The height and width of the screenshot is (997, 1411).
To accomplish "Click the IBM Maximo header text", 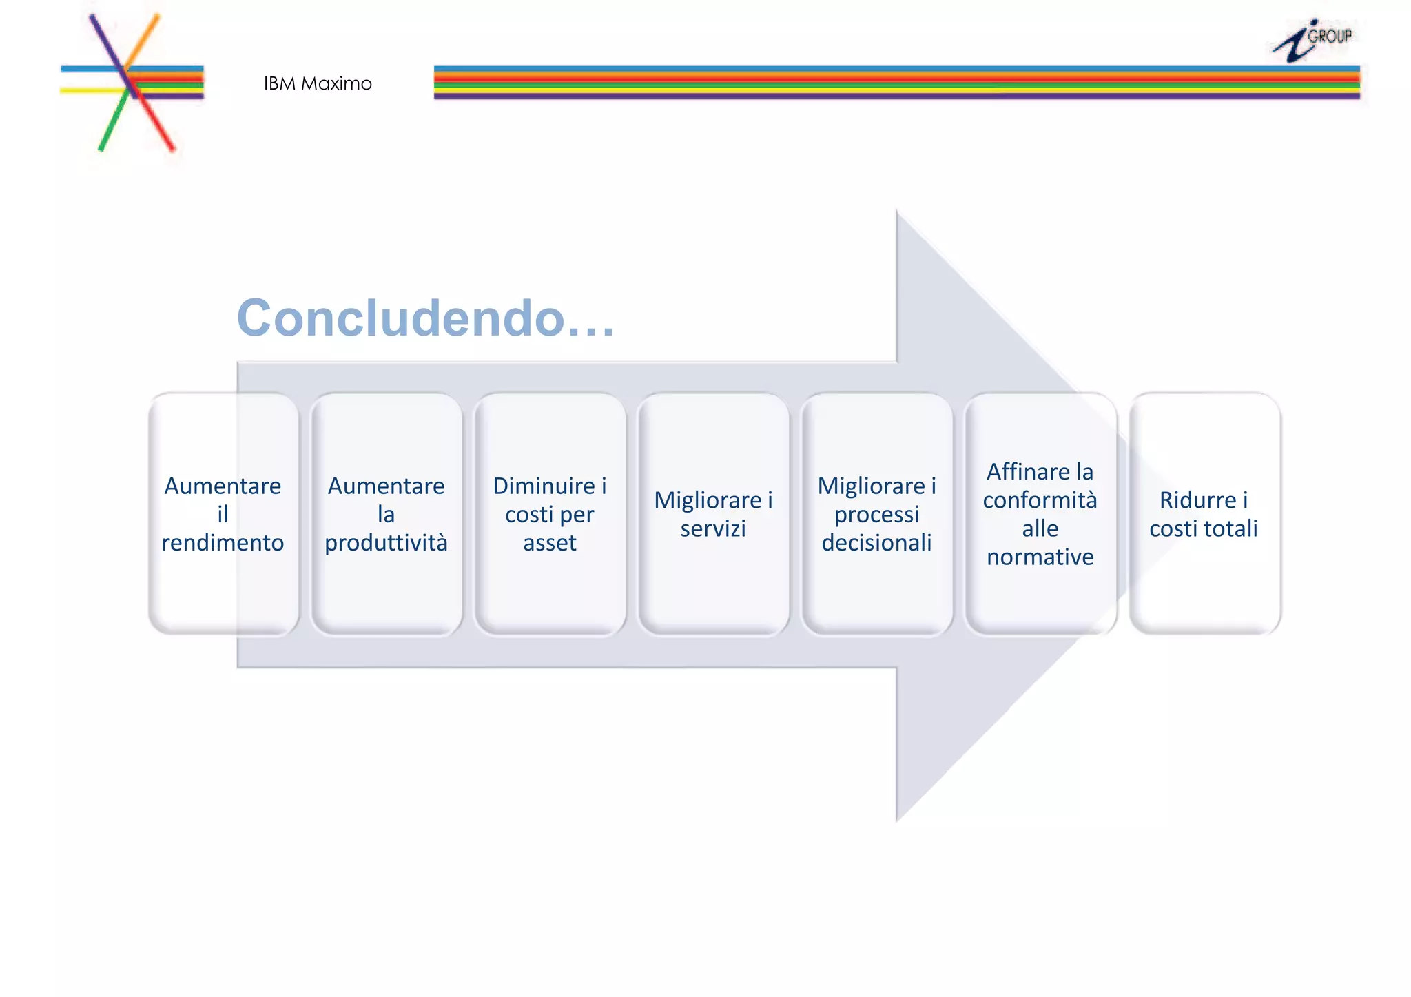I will click(x=318, y=83).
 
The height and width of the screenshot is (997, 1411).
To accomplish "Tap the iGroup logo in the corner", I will click(x=1313, y=41).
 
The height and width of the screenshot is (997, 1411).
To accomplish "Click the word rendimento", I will click(x=223, y=543).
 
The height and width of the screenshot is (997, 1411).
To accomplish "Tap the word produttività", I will click(x=386, y=543).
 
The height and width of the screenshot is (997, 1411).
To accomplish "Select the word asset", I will click(x=550, y=543).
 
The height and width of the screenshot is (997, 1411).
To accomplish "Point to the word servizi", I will click(x=713, y=528).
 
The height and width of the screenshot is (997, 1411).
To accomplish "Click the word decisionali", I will click(x=876, y=543).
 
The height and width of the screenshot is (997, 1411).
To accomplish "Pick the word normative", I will click(x=1040, y=557).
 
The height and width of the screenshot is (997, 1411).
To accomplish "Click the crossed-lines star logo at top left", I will click(x=131, y=83).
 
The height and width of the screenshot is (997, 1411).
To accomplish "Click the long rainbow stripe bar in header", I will click(x=896, y=83).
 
